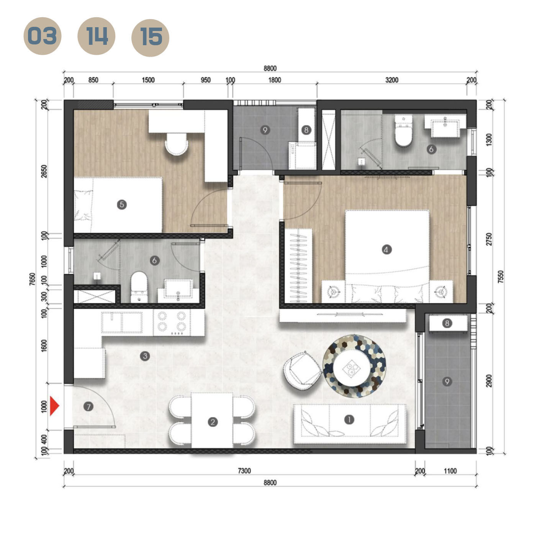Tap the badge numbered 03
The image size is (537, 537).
[x=42, y=36]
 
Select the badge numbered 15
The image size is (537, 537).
[x=150, y=38]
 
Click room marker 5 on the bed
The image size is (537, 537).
[x=121, y=205]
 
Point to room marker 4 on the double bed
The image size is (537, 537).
[x=386, y=250]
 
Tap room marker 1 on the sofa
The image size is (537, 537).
[x=349, y=420]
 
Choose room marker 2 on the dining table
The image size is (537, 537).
[x=213, y=422]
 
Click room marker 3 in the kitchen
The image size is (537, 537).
[x=145, y=356]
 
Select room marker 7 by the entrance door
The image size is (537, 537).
[x=88, y=406]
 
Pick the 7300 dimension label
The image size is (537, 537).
[x=244, y=471]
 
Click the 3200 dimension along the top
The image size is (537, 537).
[x=391, y=80]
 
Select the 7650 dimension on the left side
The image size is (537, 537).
[x=32, y=279]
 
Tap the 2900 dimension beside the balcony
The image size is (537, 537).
[x=489, y=381]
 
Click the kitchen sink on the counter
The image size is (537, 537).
[x=122, y=322]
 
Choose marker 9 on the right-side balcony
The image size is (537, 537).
[x=447, y=381]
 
